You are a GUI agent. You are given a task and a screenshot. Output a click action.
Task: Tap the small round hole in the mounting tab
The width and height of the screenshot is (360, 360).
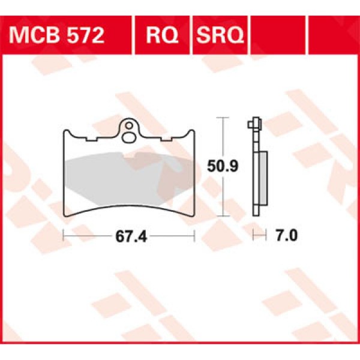(128, 127)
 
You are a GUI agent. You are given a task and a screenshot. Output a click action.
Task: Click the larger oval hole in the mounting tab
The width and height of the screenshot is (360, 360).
(128, 138)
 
